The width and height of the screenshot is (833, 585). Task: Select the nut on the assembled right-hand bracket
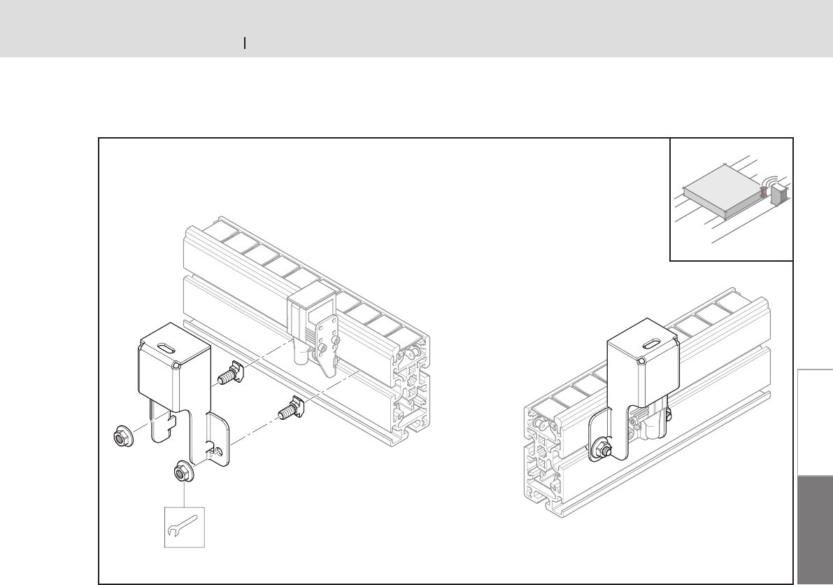point(601,451)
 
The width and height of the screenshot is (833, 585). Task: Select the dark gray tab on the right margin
point(815,529)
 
